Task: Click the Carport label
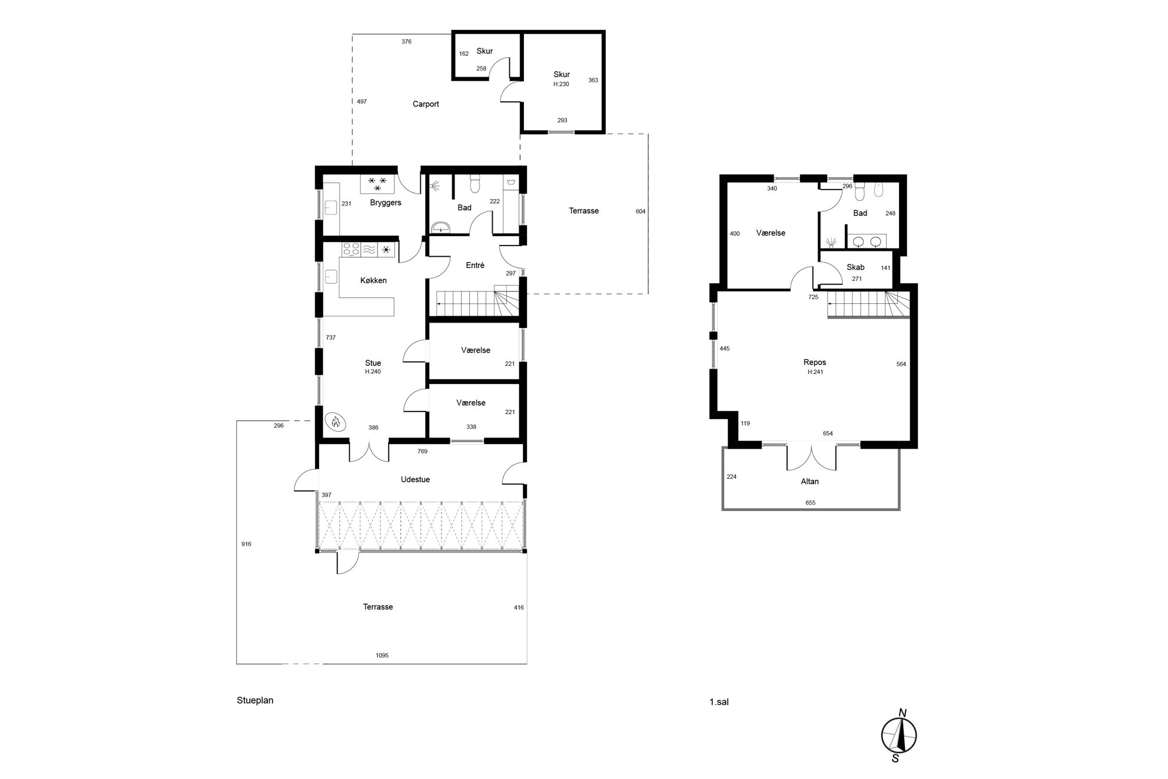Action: click(426, 104)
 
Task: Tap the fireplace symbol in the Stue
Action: click(336, 422)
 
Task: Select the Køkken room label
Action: click(373, 281)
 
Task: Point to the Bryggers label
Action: click(386, 203)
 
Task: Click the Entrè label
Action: click(475, 266)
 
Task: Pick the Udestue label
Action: click(415, 480)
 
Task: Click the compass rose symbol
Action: click(899, 735)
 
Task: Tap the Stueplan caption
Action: click(255, 701)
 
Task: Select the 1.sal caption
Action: click(719, 702)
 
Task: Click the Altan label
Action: click(809, 482)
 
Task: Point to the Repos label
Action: click(815, 363)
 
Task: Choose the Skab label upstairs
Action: click(855, 267)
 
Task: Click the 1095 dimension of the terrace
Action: click(382, 655)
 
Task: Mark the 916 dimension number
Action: click(246, 544)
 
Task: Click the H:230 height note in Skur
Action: click(561, 84)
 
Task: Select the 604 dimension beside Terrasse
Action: click(641, 211)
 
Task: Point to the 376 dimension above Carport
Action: click(406, 42)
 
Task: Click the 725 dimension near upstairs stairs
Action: click(813, 297)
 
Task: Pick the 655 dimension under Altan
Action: click(810, 503)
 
